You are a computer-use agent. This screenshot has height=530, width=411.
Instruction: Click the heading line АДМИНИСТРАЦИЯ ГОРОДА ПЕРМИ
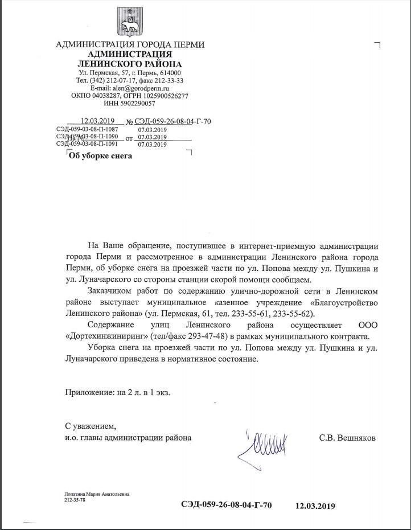[130, 45]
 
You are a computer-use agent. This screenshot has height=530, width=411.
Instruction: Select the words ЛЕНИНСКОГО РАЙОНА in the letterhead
[130, 64]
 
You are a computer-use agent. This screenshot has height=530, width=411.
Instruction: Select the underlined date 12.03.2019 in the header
[98, 121]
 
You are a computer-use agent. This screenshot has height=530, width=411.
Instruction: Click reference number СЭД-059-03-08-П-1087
[87, 130]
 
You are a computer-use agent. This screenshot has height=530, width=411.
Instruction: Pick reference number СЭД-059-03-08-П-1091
[87, 144]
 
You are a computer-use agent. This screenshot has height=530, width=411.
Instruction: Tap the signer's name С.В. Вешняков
[347, 438]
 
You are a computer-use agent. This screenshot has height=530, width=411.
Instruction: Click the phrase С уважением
[90, 426]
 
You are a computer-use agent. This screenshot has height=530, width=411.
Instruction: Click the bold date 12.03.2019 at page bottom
[315, 506]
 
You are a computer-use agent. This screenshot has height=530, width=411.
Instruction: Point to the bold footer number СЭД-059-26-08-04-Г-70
[226, 505]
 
